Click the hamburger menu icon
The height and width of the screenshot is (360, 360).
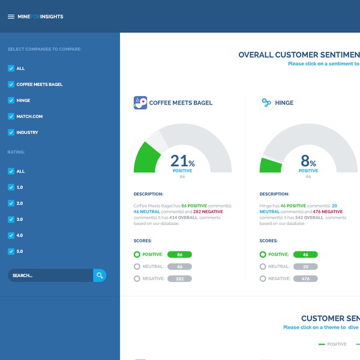11,17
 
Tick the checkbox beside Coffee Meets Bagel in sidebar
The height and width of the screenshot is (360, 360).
11,85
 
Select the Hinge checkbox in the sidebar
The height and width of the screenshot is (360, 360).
11,100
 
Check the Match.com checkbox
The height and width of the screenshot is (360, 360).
11,116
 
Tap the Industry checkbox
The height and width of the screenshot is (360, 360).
11,132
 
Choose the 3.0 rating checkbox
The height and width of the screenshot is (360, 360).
11,219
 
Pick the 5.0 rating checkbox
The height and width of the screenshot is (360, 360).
11,251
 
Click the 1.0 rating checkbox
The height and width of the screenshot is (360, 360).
11,187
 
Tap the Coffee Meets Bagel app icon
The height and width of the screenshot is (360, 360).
140,103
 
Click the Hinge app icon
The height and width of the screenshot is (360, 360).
266,103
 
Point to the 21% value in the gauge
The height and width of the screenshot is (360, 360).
182,161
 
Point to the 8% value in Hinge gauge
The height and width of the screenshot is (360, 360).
308,161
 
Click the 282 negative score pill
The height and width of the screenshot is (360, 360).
179,278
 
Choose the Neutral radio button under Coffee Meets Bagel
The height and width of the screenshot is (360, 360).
137,266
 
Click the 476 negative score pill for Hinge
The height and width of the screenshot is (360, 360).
305,278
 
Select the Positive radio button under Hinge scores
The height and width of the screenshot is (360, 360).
263,254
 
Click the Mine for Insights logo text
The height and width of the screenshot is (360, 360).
40,17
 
